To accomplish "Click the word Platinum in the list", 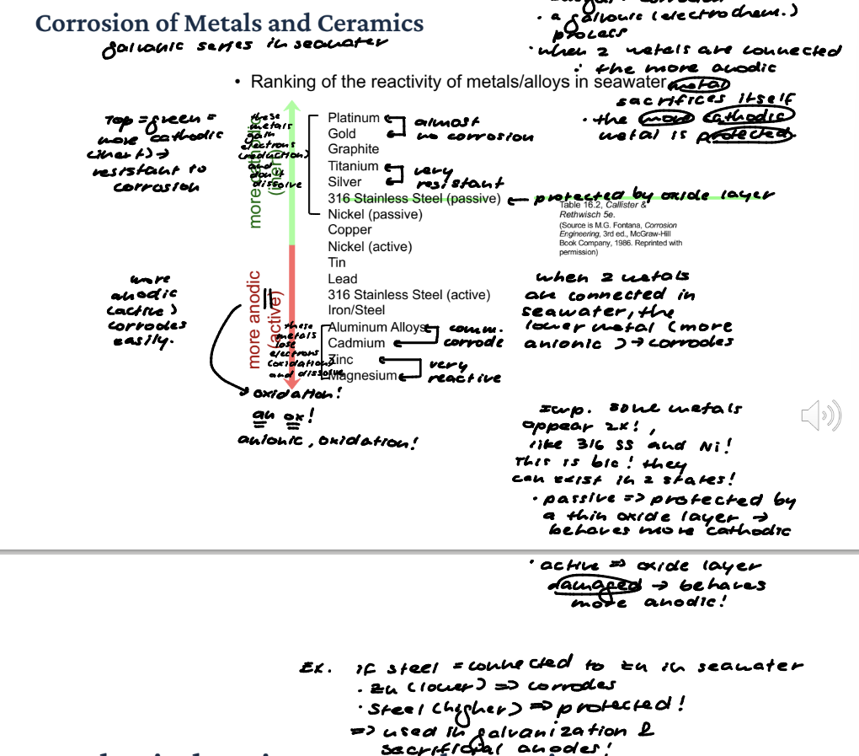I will point(354,118).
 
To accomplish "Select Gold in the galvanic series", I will point(342,134).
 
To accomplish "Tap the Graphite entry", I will point(354,150).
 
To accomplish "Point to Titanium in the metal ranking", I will point(353,167).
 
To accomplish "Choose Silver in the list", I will point(344,182).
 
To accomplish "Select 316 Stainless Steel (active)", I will point(408,295).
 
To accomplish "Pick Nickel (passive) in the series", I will point(374,214).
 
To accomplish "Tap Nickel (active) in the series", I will point(370,247).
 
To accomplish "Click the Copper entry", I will point(349,230).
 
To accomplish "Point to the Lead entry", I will point(342,279).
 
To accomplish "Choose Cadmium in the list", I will point(356,343).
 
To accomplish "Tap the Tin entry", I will point(337,263).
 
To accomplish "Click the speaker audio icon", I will point(820,416).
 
